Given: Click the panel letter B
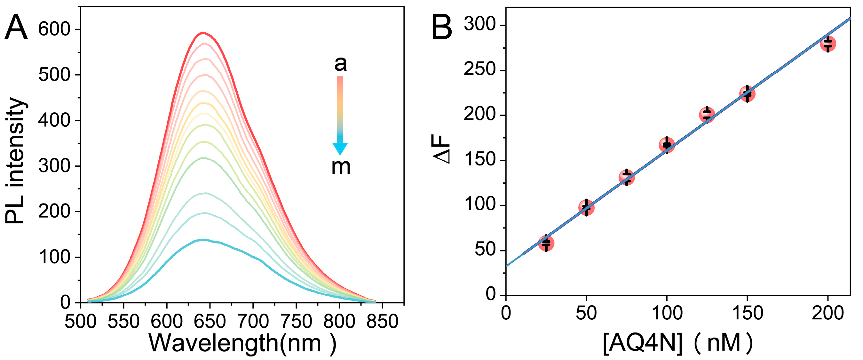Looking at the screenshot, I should coord(441,29).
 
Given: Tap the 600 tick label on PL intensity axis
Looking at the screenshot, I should coord(54,29).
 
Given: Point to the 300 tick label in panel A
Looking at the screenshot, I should coord(54,166).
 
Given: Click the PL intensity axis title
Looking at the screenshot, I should coord(15,161).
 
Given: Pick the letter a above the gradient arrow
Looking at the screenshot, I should coord(340,64).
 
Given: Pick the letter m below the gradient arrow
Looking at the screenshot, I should coord(341,167).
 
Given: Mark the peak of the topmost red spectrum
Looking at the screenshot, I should coord(203,33).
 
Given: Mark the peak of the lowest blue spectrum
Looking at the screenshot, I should coord(203,240).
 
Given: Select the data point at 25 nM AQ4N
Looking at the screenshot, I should coord(546,243).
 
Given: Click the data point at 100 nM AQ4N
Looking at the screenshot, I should coord(667,145).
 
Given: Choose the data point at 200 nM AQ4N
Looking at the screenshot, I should coord(828,44).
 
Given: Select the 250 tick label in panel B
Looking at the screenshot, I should coord(479,70).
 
